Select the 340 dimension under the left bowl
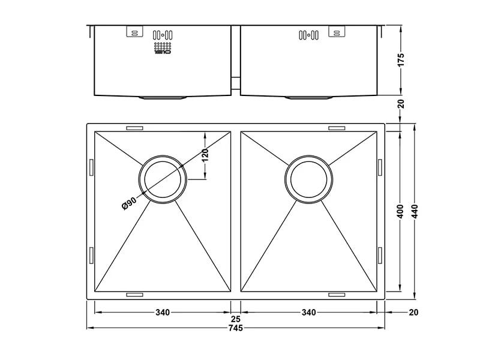(162, 312)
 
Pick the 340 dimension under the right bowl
(308, 312)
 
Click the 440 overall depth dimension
(415, 211)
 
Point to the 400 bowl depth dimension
(400, 211)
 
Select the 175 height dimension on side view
(401, 59)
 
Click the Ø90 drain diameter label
(130, 203)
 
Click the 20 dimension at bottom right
(413, 312)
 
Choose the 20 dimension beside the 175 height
(401, 104)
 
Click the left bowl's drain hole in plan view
(163, 180)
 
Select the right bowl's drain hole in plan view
(308, 180)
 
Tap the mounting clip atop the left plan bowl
(134, 128)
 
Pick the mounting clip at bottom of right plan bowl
(337, 295)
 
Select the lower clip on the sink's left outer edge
(91, 254)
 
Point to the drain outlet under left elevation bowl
(163, 97)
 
